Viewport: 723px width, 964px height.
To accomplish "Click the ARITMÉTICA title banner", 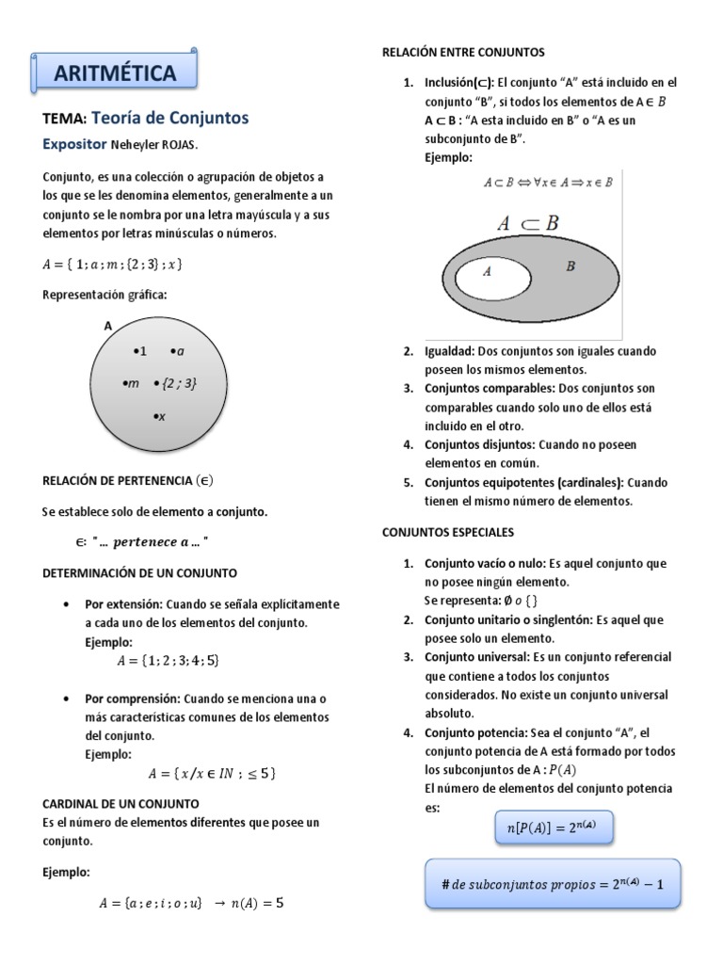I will pos(116,72).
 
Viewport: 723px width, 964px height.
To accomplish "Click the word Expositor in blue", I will pos(76,145).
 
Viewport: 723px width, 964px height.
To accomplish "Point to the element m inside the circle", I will pos(132,383).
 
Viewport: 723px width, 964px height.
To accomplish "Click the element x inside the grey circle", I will pos(159,415).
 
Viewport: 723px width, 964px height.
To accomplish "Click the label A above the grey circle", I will pos(107,326).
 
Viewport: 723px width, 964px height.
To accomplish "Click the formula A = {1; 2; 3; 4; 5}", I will pos(168,661).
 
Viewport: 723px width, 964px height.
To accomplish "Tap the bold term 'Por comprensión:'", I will pos(132,699).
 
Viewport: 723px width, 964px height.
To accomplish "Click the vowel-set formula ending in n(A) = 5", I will pos(191,903).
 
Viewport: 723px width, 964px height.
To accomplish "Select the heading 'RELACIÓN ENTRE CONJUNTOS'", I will pos(463,52).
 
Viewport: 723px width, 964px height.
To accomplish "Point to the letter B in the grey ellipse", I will pos(570,266).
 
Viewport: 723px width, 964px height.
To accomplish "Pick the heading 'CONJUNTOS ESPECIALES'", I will pos(448,532).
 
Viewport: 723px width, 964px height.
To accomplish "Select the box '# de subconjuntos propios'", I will pos(553,884).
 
